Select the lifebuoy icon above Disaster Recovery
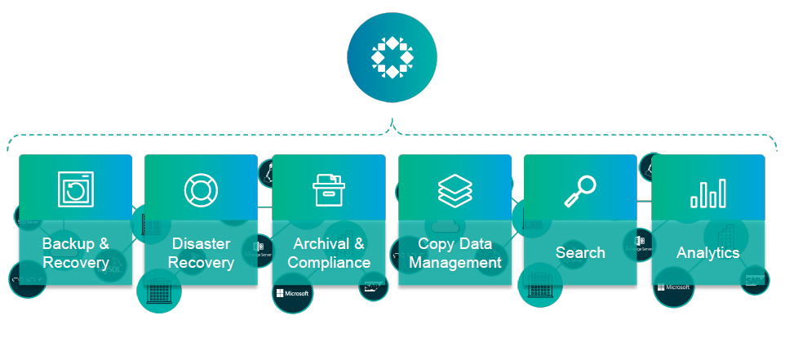(x=201, y=189)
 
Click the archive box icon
(x=329, y=189)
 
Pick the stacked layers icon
(x=455, y=189)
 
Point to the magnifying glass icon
(x=579, y=190)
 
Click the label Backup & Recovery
(x=76, y=253)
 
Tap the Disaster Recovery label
(x=201, y=253)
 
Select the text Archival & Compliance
(x=329, y=253)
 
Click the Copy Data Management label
(x=455, y=253)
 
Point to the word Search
(x=580, y=252)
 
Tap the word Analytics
(x=707, y=253)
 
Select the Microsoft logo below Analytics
(x=673, y=287)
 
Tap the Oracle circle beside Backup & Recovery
(x=26, y=280)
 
